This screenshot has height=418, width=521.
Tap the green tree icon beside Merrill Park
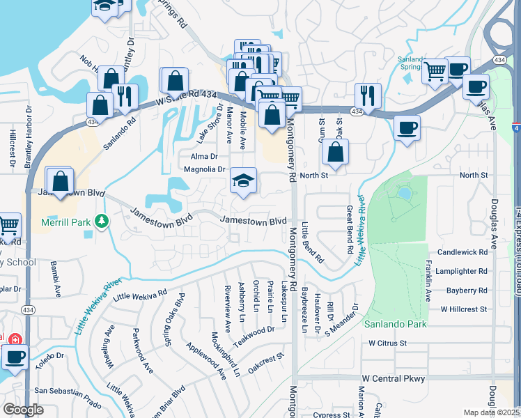click(102, 221)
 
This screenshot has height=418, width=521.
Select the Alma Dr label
click(204, 156)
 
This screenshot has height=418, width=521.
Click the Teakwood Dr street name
click(255, 335)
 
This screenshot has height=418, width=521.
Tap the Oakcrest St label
click(267, 360)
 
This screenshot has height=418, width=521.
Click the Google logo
click(23, 409)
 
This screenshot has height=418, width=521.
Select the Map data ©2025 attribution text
click(491, 412)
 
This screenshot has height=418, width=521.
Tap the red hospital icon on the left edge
click(14, 339)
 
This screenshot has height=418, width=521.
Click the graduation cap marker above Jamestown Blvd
click(244, 180)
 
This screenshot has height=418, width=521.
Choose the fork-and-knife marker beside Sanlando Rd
click(125, 96)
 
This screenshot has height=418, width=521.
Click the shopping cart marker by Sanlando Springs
click(435, 70)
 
